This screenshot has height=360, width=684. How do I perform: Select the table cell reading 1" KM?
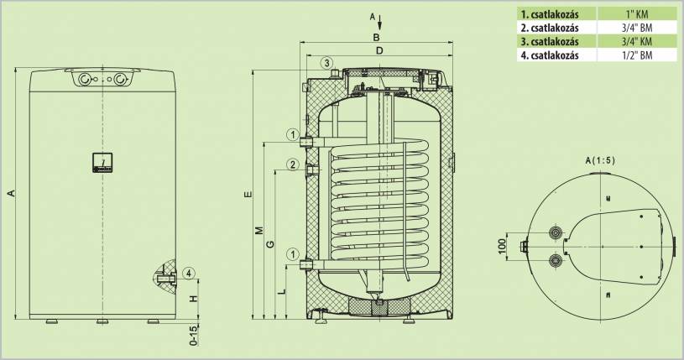pos(635,13)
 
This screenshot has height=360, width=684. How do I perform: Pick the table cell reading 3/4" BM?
pos(635,27)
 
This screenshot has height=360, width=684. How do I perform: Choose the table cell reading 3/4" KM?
pos(635,41)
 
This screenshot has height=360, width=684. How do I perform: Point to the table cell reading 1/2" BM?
pos(635,55)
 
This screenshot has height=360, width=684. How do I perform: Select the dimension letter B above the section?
pos(377,38)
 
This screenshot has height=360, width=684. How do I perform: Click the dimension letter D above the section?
pos(379,52)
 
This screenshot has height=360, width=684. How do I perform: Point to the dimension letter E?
pos(248,195)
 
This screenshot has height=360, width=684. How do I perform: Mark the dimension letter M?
pos(260,230)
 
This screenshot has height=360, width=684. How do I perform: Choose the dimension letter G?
pos(269,244)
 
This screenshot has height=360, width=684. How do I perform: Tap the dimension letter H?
pos(193,298)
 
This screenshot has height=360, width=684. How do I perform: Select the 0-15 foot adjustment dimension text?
pos(193,335)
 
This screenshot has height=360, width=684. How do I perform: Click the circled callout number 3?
pos(326,63)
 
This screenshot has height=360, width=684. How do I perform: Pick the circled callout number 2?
pos(291,164)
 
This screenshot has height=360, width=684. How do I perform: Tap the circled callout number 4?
pos(189,273)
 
